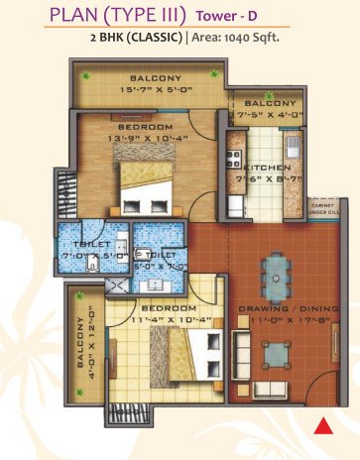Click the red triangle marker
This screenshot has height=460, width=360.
(x=321, y=427)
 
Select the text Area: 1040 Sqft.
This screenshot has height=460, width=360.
(x=237, y=38)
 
